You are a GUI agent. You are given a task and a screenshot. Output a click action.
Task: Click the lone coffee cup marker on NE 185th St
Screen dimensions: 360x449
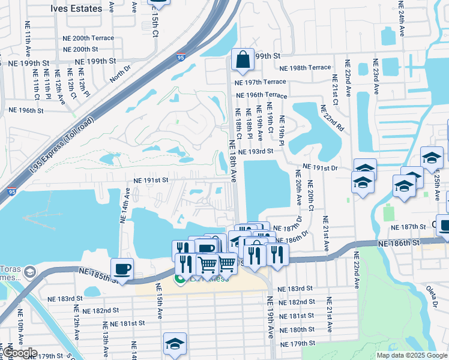[x=122, y=269]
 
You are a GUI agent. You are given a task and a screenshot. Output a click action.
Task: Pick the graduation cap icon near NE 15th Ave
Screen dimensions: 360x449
[x=175, y=344]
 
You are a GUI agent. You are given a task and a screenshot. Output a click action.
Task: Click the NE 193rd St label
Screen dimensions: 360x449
[x=255, y=152]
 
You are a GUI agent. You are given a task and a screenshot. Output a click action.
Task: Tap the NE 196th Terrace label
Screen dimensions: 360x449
[x=261, y=95]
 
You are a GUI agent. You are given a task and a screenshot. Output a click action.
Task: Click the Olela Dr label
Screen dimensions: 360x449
[x=432, y=296]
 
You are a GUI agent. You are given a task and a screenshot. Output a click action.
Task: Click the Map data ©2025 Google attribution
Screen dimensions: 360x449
[x=412, y=355]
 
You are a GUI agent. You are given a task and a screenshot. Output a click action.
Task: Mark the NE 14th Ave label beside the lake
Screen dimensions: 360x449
[x=125, y=205]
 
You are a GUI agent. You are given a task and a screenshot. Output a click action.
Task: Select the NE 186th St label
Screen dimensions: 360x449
[x=399, y=242]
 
